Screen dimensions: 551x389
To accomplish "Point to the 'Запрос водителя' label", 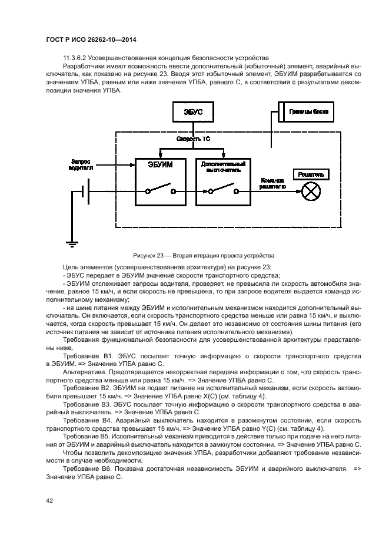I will coord(81,164).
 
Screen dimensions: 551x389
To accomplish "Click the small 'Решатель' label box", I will coord(311,174).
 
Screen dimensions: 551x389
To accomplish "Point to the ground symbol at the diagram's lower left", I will coord(72,243).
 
